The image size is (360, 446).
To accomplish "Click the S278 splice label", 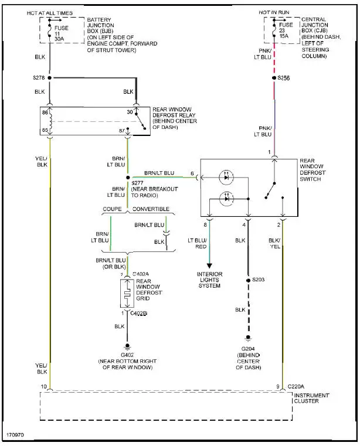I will pos(38,77).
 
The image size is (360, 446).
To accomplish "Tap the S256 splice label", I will pos(284,77).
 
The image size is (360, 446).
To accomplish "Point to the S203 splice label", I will pos(259,280).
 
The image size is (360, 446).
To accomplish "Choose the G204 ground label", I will pos(248,349).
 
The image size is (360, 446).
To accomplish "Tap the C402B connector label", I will pos(139,314).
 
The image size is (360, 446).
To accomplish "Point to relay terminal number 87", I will pos(121,130).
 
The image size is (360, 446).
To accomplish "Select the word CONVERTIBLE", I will pos(151,209).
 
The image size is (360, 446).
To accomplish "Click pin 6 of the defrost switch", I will pos(192,173).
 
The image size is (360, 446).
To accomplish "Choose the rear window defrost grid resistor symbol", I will pos(127,293).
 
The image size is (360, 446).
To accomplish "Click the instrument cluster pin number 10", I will pos(43,386).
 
